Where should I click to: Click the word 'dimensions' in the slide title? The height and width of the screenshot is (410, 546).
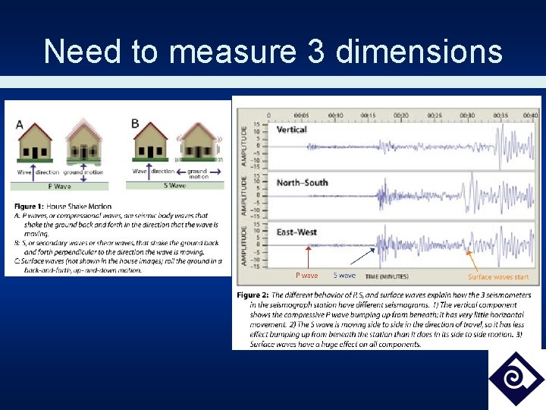419,52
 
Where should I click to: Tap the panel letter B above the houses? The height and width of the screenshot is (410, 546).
135,123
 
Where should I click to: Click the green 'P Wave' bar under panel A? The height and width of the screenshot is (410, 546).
61,185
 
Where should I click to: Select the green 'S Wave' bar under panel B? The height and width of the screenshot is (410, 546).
177,185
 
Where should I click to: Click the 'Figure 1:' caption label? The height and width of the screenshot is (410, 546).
29,207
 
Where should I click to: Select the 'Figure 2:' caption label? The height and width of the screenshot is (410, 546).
253,295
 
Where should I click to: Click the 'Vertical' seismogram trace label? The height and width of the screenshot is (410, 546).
292,130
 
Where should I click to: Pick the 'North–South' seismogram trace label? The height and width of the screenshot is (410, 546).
303,183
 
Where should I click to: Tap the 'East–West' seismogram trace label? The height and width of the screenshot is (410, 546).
297,232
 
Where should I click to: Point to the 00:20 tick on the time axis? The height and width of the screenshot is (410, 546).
401,115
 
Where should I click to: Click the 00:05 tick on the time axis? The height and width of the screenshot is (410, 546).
302,115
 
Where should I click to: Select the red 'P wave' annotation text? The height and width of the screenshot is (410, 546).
306,276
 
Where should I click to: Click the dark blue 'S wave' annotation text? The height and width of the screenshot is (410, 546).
344,276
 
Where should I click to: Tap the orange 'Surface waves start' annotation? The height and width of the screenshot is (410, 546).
497,277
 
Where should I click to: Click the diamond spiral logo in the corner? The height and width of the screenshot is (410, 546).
516,379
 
